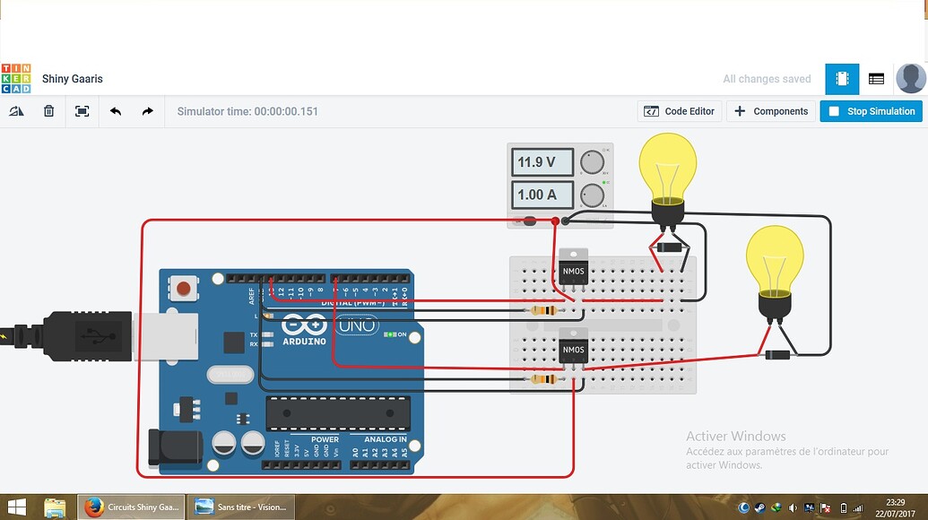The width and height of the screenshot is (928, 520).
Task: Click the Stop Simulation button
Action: (871, 111)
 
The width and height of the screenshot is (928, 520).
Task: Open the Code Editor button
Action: (680, 111)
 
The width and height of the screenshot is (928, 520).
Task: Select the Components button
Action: (771, 111)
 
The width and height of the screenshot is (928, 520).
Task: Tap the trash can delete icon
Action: (49, 111)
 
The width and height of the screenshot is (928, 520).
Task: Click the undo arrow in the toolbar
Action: (116, 111)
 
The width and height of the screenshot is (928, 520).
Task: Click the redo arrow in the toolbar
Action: (147, 111)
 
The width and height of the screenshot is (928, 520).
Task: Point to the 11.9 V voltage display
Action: (542, 162)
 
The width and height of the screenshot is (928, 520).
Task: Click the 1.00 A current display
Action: (542, 195)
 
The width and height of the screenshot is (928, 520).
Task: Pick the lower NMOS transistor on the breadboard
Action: (573, 349)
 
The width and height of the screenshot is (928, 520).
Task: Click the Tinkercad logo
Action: (16, 79)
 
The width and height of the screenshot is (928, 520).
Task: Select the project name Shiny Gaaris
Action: (73, 79)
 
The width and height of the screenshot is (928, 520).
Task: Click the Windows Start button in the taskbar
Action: (16, 507)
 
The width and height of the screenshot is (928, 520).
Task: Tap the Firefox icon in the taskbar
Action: (94, 507)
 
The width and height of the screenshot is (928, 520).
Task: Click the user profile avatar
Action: (910, 79)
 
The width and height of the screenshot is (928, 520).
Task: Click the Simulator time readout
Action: (247, 111)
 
